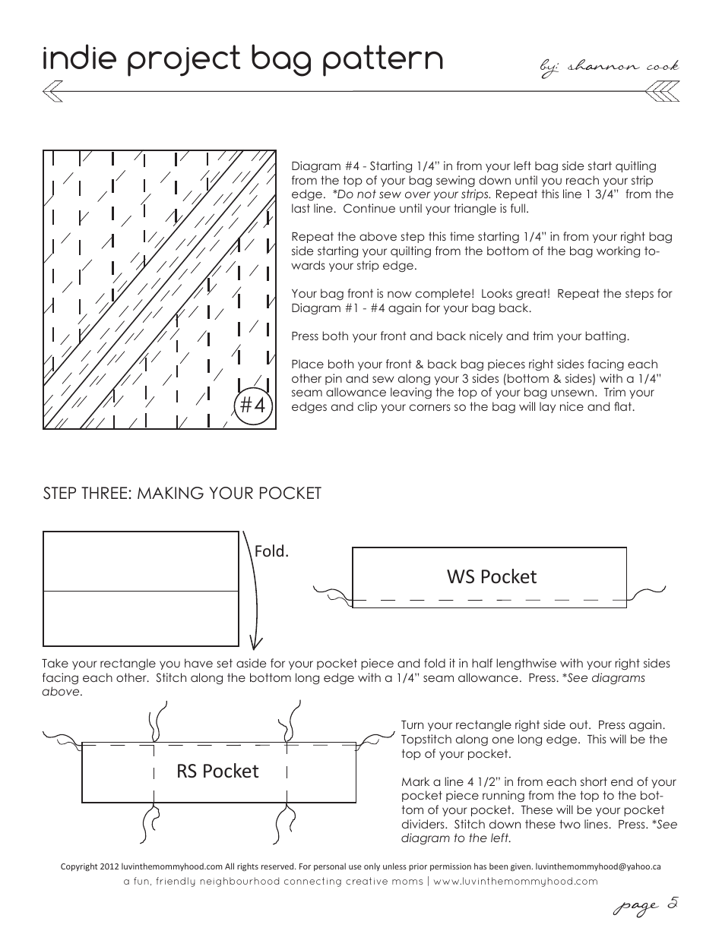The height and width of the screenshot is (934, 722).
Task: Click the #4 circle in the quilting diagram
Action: (x=252, y=405)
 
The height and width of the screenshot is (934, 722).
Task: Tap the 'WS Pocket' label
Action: (x=491, y=576)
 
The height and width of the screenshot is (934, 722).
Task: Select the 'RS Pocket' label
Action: (x=217, y=771)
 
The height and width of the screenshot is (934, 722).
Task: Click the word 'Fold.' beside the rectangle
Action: (x=271, y=551)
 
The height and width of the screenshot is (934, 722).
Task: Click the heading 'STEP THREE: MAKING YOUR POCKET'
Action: (x=182, y=494)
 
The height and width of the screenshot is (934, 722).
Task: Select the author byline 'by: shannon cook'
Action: (x=608, y=67)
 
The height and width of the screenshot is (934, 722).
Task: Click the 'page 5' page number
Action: (x=646, y=905)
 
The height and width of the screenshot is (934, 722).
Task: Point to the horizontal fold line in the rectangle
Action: (x=141, y=590)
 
